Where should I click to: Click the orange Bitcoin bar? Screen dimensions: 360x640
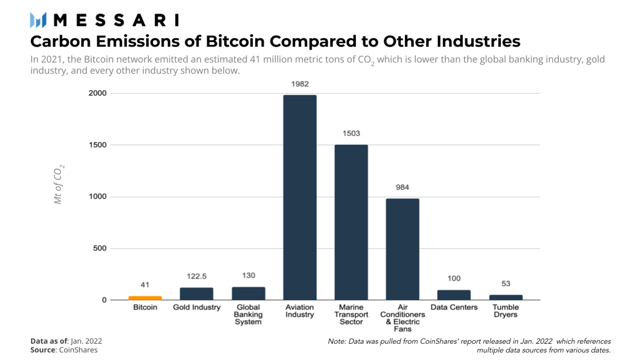(145, 298)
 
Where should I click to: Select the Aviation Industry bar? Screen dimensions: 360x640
(300, 197)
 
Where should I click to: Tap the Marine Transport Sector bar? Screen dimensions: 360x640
(351, 222)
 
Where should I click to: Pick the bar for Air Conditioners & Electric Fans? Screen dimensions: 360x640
(402, 249)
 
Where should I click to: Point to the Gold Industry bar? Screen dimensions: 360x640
(197, 294)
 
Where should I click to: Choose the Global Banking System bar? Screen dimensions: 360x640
(248, 293)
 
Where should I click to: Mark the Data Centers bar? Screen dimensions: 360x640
(454, 295)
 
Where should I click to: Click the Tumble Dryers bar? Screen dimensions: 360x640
(506, 297)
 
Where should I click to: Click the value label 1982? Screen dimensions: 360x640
(300, 84)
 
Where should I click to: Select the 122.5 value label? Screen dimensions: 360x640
(197, 276)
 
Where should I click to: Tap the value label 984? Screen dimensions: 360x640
(402, 187)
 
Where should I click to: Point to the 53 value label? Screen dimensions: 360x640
(506, 284)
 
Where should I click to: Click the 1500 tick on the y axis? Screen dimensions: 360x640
(98, 145)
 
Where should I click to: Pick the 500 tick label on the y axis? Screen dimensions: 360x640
(100, 248)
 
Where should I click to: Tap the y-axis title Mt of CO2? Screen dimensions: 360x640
(58, 184)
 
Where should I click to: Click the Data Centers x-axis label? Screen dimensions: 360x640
(454, 307)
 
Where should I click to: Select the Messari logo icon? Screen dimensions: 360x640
(38, 20)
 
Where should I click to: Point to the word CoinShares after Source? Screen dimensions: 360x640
(78, 350)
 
